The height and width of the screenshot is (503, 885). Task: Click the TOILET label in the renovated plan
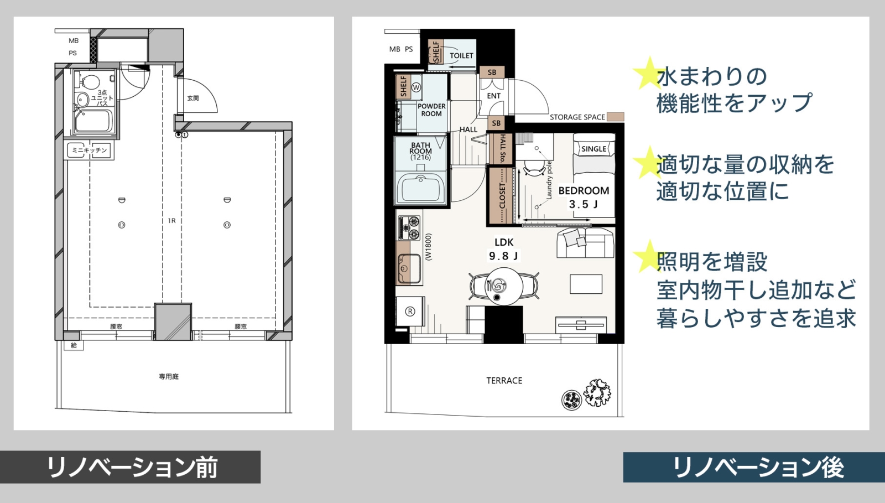point(461,56)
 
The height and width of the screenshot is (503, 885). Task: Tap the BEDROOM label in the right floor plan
point(584,191)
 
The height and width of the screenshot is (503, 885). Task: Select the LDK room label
point(504,242)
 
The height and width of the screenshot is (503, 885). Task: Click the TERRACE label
point(504,381)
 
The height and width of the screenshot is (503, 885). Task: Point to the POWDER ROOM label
point(431,110)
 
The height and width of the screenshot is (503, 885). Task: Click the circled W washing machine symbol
point(416,87)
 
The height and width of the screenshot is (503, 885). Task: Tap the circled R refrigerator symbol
point(410,312)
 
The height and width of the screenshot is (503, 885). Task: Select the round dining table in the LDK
point(504,286)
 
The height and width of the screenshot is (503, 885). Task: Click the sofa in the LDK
point(586,243)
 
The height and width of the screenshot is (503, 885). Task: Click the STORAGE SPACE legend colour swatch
point(615,117)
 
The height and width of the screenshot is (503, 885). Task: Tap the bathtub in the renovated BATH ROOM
point(420,189)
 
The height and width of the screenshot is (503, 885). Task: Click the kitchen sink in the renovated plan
point(409,268)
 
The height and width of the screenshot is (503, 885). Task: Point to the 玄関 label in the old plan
point(193,98)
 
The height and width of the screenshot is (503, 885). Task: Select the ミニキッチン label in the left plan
point(89,150)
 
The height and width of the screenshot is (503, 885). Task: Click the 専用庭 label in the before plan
point(169,377)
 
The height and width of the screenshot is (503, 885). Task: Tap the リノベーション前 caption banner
point(130,467)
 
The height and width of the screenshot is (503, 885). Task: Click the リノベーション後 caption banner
point(754,467)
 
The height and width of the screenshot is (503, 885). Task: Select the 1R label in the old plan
point(171,220)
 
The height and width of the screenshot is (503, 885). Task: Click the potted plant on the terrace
point(597,393)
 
